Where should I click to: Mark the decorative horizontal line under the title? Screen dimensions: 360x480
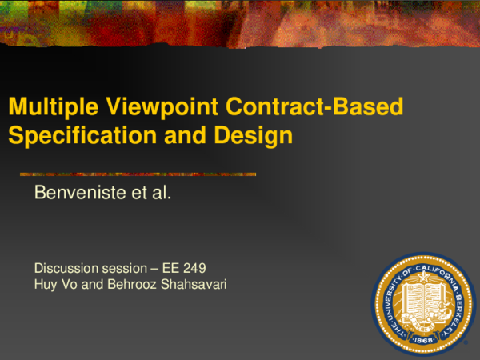[x=138, y=174]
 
